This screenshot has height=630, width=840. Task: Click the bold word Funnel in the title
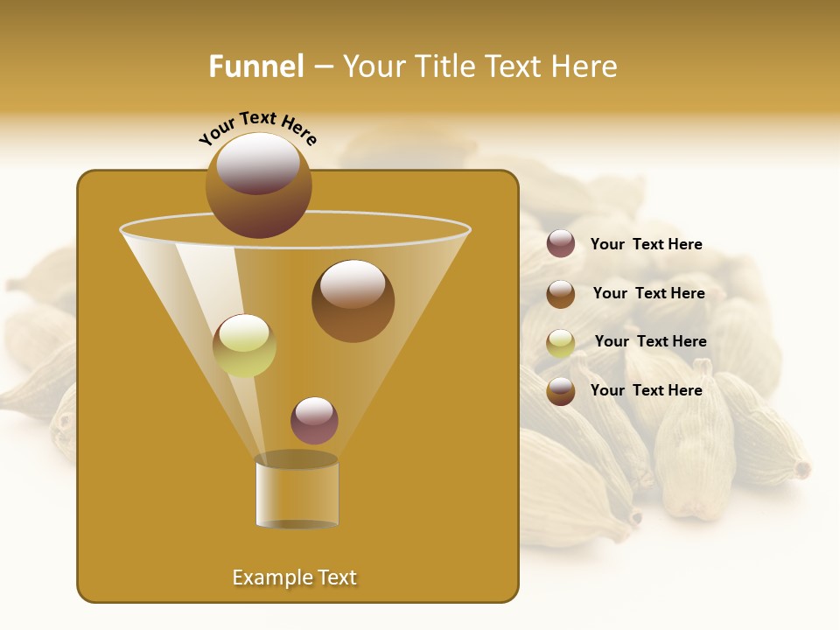(256, 66)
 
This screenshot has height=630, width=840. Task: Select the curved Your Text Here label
(258, 128)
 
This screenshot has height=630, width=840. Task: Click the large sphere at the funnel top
(258, 185)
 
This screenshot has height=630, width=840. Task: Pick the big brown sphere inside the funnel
(353, 300)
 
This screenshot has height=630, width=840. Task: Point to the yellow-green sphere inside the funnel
(244, 346)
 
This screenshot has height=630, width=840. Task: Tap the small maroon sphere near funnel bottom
(314, 420)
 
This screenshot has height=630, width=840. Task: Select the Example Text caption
(295, 577)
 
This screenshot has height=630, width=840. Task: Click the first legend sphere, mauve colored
(561, 243)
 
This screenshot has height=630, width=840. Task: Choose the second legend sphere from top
(561, 294)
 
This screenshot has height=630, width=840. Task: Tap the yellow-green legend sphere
(561, 343)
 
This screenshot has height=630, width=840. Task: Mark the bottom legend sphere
(561, 391)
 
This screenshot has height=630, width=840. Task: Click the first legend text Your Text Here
(647, 244)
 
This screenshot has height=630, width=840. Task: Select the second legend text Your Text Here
(648, 293)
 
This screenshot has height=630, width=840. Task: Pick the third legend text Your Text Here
(650, 341)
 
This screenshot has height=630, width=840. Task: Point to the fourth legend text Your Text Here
(647, 390)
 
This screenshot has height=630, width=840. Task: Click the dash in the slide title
(323, 67)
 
